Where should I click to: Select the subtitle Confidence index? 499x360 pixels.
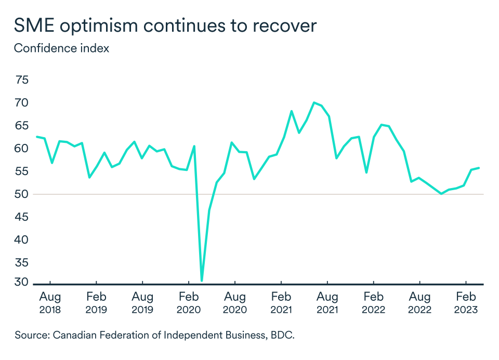(x=61, y=48)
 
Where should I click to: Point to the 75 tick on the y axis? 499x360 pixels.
(x=22, y=80)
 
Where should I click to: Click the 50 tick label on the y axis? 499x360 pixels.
(x=22, y=194)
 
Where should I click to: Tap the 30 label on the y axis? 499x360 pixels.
(x=22, y=283)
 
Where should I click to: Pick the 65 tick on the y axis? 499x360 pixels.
(x=22, y=126)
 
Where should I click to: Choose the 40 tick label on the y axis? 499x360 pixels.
(x=22, y=240)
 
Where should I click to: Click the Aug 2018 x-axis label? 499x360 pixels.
(x=50, y=303)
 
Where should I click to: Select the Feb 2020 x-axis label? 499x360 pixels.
(x=189, y=303)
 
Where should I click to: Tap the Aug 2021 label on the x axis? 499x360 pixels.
(x=327, y=303)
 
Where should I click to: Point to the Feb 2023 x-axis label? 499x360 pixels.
(x=466, y=303)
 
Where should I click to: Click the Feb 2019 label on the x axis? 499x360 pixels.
(x=96, y=303)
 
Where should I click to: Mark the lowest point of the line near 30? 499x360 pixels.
(x=202, y=281)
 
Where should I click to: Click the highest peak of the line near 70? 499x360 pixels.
(x=314, y=102)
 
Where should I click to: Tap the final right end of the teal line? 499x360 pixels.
(x=479, y=168)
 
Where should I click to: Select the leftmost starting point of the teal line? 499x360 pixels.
(x=37, y=137)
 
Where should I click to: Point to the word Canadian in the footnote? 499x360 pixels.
(x=71, y=336)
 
